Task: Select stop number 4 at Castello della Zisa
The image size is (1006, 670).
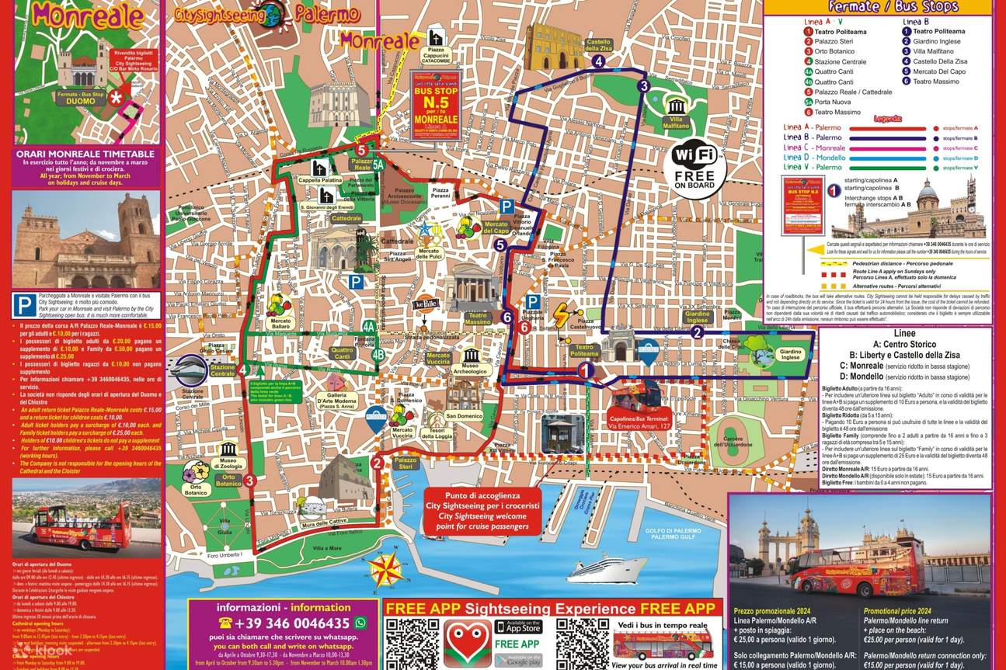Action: [597, 61]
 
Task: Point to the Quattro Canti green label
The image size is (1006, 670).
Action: [342, 354]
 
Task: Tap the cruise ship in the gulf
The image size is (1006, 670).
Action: [595, 568]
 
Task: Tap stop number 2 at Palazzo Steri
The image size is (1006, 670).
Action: [377, 463]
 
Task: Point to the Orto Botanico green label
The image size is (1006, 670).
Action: [229, 480]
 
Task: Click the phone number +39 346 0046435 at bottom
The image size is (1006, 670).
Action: [284, 623]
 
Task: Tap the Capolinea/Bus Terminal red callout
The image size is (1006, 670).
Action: [639, 423]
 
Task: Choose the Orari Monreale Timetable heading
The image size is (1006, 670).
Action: [84, 154]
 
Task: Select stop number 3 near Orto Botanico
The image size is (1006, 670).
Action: [249, 481]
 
